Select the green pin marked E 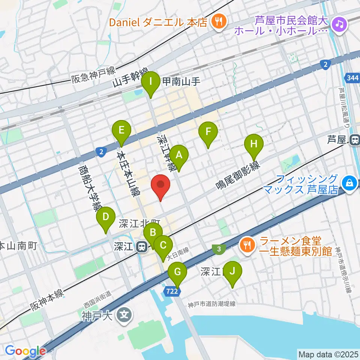(121, 130)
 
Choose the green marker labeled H (254, 144)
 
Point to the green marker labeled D (106, 217)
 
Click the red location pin (161, 185)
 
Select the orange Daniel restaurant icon (217, 21)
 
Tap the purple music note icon (340, 24)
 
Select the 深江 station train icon (141, 246)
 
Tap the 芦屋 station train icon (354, 140)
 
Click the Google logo (25, 351)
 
